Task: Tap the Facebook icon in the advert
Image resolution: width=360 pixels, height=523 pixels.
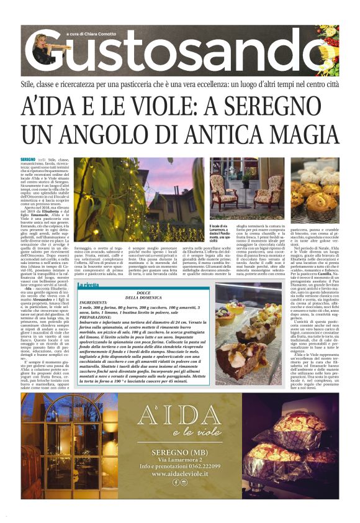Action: [176, 482]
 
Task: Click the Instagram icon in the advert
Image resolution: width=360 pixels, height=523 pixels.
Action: [184, 482]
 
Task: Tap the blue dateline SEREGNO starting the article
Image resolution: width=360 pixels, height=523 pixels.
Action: [27, 160]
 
